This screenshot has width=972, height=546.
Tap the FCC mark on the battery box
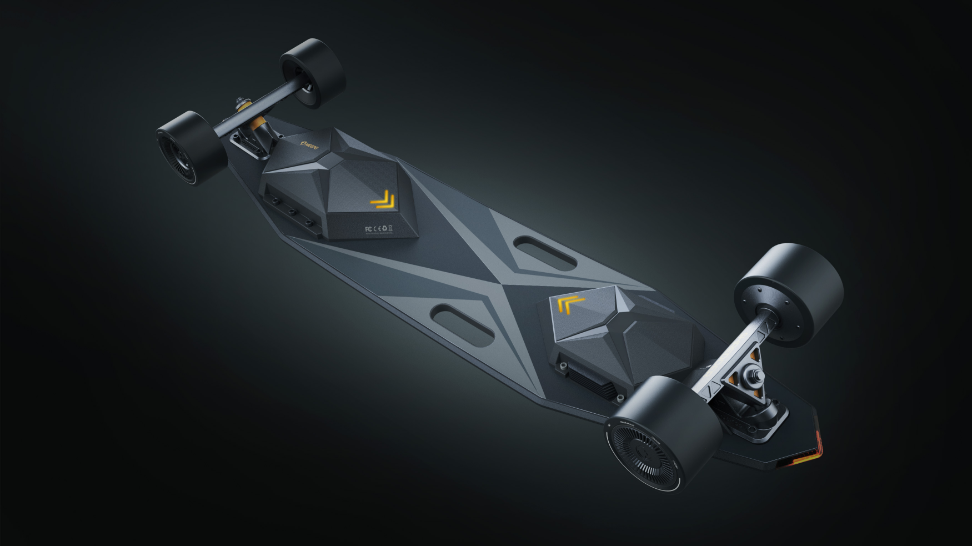click(367, 228)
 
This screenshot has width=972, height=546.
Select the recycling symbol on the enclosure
click(383, 228)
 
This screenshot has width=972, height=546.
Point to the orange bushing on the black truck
click(257, 122)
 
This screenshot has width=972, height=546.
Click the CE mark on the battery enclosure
click(375, 228)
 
